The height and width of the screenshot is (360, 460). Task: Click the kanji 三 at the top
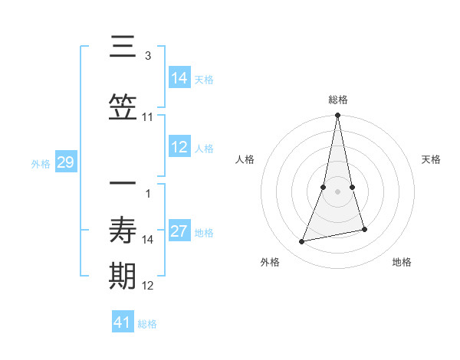123,47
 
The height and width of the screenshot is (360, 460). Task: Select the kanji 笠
123,108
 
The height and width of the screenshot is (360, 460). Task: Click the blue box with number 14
179,78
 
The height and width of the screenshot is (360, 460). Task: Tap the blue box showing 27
179,231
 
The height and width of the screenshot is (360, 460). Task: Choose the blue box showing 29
65,162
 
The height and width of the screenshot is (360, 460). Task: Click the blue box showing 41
123,322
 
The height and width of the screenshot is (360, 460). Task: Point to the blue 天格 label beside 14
204,80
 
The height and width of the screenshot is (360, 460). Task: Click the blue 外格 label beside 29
41,164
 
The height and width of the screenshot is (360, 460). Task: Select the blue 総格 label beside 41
147,324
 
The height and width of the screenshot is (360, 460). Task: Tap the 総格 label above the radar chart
338,100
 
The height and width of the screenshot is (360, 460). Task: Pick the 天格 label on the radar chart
432,159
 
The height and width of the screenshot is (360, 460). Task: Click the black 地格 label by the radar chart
402,262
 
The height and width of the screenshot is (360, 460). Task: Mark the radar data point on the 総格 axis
337,116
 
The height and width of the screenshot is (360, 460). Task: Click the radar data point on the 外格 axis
302,241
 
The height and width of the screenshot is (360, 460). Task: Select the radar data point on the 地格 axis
364,229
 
